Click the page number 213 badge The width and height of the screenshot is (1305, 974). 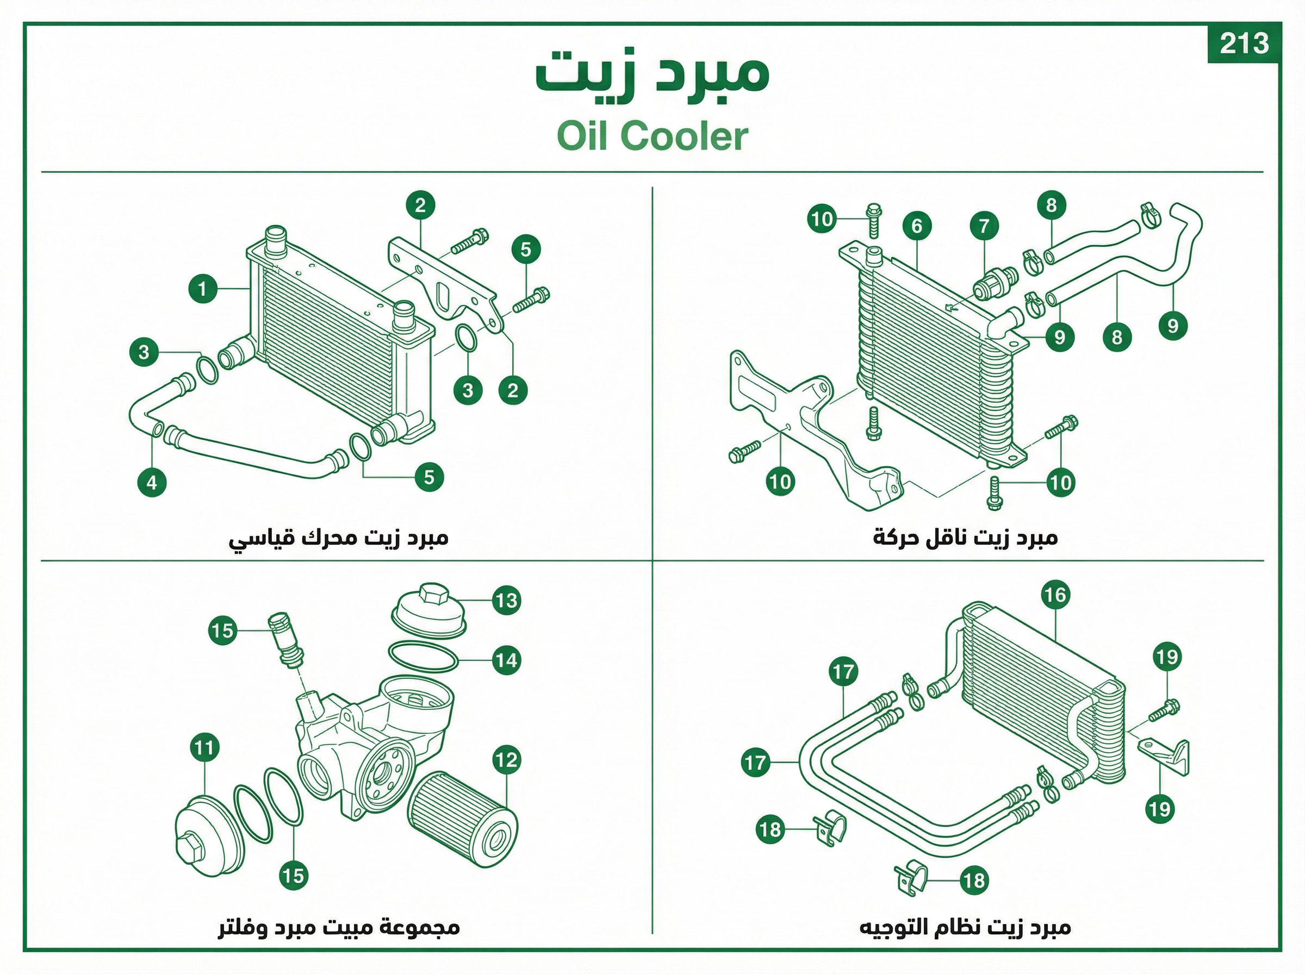point(1244,43)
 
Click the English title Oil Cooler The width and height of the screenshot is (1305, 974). point(652,136)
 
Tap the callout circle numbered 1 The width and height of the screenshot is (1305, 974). point(203,289)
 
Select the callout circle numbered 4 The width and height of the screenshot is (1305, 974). point(152,482)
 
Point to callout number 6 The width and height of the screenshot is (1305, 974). point(917,226)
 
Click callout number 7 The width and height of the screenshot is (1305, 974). point(984,226)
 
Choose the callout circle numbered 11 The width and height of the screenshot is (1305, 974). point(204,748)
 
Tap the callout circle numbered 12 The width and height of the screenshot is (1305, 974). point(507,760)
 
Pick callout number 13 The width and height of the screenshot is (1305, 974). point(507,601)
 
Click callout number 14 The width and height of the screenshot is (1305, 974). point(507,660)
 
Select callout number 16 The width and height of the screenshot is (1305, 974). point(1055,595)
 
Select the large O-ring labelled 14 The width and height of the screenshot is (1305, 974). point(424,656)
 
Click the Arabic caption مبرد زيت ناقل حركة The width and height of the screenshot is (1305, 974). point(966,538)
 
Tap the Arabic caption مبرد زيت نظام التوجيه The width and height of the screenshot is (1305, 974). point(965,927)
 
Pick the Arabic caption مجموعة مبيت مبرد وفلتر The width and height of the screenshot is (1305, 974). point(339,927)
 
